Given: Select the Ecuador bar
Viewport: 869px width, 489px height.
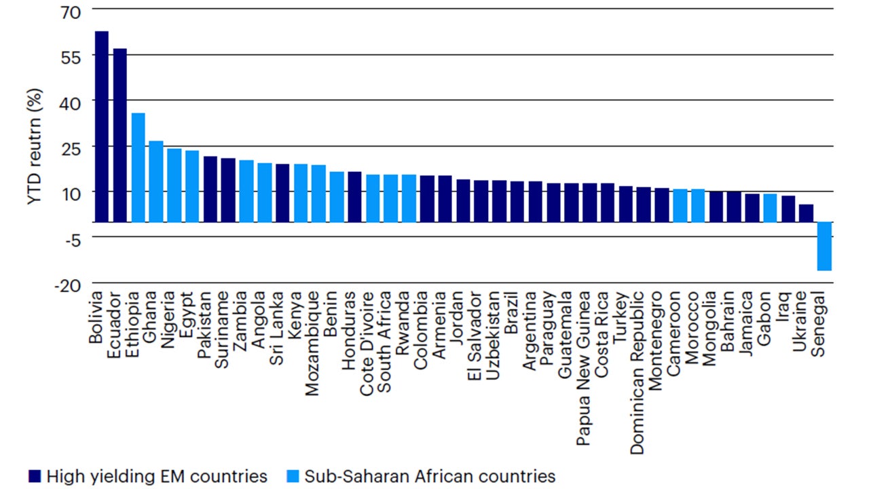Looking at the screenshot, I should (x=120, y=135).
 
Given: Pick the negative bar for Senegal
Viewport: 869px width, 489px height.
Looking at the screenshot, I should (x=824, y=246).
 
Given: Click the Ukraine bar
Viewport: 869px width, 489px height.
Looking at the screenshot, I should (x=806, y=213).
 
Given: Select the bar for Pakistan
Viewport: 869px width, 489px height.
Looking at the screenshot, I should (x=210, y=189).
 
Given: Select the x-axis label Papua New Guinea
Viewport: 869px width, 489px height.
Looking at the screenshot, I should (x=583, y=369).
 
